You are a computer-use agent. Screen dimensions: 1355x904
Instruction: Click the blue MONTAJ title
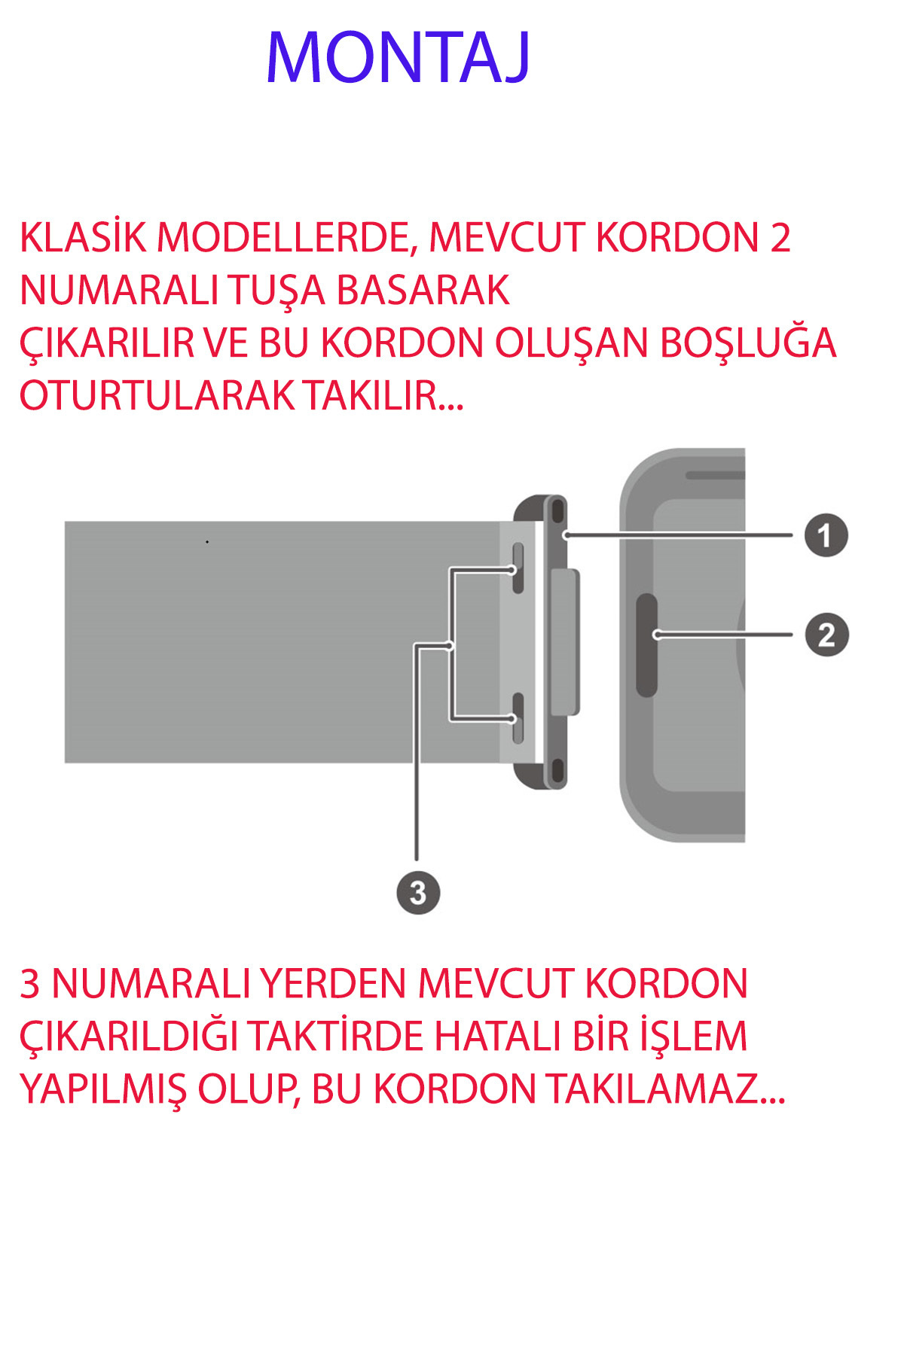click(x=399, y=58)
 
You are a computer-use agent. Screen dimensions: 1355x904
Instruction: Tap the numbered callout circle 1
click(x=826, y=535)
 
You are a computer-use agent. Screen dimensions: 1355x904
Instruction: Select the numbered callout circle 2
click(x=826, y=635)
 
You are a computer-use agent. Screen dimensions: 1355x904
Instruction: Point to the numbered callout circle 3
click(x=418, y=893)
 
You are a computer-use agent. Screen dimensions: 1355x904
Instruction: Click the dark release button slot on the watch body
click(x=646, y=644)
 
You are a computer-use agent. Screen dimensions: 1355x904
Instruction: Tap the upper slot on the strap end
click(x=518, y=568)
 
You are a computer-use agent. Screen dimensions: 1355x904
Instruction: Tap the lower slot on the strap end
click(x=518, y=719)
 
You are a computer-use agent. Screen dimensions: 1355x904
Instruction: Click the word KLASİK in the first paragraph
click(x=83, y=238)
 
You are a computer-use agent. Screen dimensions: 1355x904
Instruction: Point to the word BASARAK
click(x=423, y=291)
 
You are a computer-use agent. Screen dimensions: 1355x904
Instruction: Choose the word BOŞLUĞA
click(x=748, y=343)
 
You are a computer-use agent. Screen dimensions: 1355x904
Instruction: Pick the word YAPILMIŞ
click(x=102, y=1089)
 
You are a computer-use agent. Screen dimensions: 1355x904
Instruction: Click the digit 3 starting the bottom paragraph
click(x=29, y=984)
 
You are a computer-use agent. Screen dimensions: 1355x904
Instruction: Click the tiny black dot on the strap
click(x=207, y=542)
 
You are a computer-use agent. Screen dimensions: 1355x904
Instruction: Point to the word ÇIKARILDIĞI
click(x=128, y=1037)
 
